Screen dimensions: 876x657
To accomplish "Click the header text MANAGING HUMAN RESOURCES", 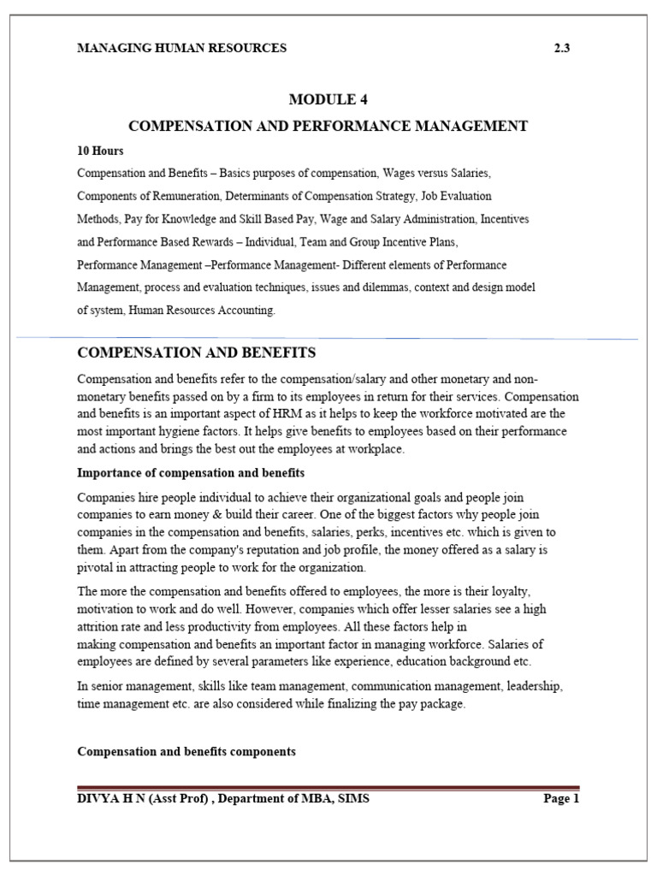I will coord(181,48).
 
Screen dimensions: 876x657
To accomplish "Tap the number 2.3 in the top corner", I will coord(562,48).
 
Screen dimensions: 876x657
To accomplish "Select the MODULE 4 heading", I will coord(328,100).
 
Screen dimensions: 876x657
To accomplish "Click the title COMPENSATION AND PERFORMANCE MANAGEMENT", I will coord(328,127).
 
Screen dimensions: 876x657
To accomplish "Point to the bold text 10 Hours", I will coord(100,151).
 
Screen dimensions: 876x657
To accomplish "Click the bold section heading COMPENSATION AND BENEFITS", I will coord(197,352).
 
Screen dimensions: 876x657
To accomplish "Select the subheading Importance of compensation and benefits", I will coord(191,472).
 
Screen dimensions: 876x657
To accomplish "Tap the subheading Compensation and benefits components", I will coord(186,751).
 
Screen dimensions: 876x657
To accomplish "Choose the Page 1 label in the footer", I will coord(561,799).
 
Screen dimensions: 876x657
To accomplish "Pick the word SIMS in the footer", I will coord(353,799).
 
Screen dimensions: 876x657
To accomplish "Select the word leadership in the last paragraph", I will coord(531,686).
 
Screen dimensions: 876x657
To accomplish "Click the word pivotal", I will coord(97,566).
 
